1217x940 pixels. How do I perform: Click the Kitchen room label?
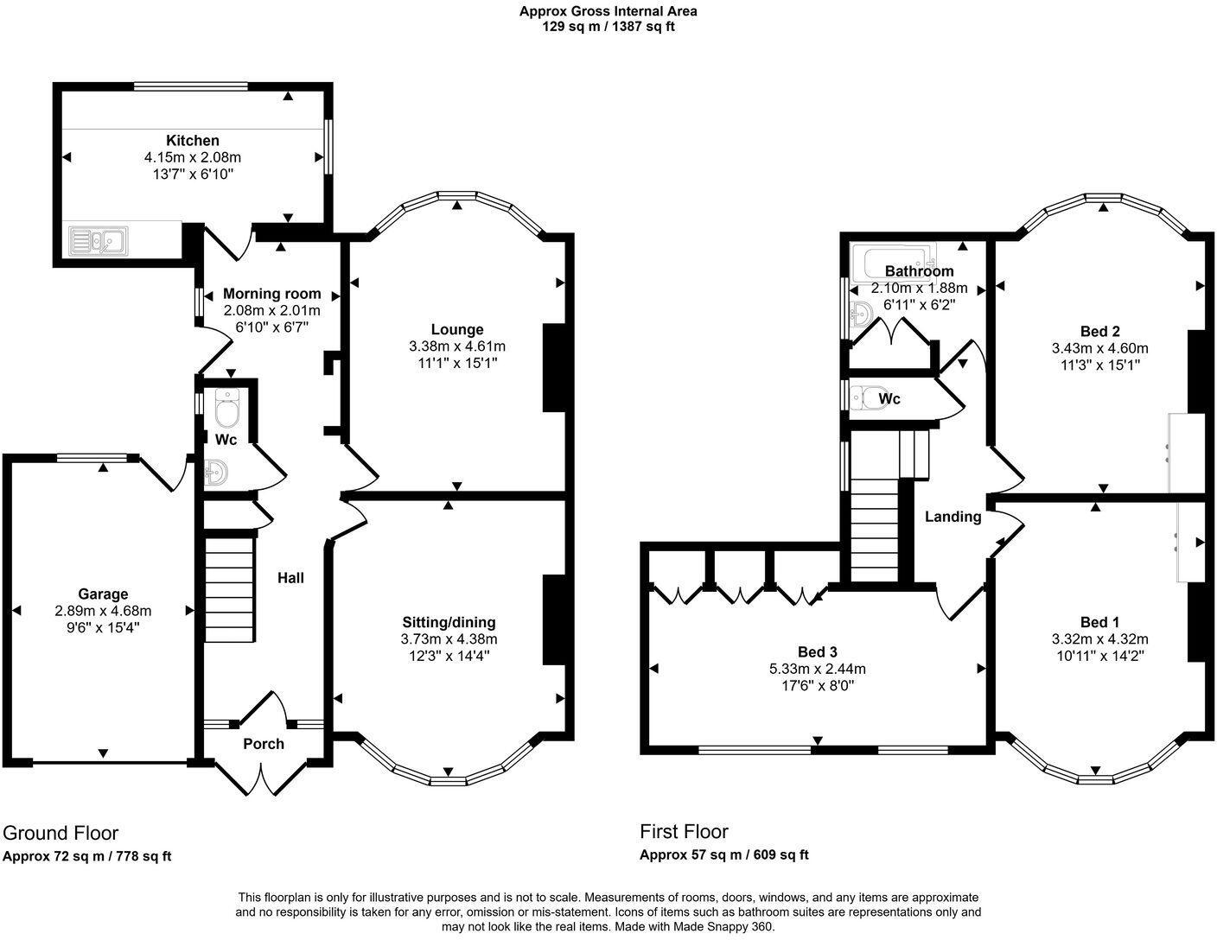192,140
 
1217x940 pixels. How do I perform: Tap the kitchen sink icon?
98,239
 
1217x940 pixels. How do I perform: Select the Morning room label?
271,294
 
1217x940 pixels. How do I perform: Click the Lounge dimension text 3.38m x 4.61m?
456,346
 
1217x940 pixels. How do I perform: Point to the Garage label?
103,594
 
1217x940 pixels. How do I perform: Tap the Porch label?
263,743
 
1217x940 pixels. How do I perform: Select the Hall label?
290,578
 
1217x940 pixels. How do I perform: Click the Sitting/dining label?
449,622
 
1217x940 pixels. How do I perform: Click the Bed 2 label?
1099,331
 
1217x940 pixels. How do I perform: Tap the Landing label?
953,517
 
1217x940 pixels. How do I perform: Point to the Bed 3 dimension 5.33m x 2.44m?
817,669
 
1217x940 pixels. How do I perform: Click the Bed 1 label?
1099,622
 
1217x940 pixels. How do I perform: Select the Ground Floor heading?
61,833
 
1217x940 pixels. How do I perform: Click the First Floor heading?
684,831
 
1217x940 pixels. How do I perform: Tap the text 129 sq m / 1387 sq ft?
608,26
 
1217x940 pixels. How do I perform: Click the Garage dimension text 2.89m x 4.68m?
103,610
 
